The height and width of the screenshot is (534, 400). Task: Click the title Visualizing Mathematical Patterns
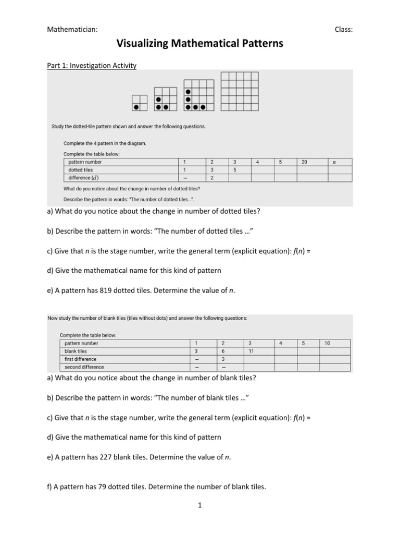(x=200, y=44)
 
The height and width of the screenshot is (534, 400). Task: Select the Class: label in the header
(x=343, y=29)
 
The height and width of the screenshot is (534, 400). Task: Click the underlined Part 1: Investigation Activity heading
(x=92, y=66)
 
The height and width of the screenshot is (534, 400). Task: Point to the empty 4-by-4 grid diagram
(x=240, y=92)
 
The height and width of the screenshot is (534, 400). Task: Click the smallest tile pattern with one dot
(x=140, y=103)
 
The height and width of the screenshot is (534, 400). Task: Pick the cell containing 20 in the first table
(x=305, y=162)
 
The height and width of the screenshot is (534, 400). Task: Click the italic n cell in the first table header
(x=334, y=162)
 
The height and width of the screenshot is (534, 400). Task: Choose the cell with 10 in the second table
(x=327, y=343)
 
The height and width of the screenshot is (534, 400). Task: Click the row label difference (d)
(x=84, y=178)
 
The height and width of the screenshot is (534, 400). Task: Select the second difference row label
(x=84, y=367)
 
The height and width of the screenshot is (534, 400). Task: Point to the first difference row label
(x=80, y=359)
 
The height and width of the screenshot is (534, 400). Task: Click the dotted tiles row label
(x=81, y=170)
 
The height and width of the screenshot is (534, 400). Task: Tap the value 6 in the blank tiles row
(x=223, y=351)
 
